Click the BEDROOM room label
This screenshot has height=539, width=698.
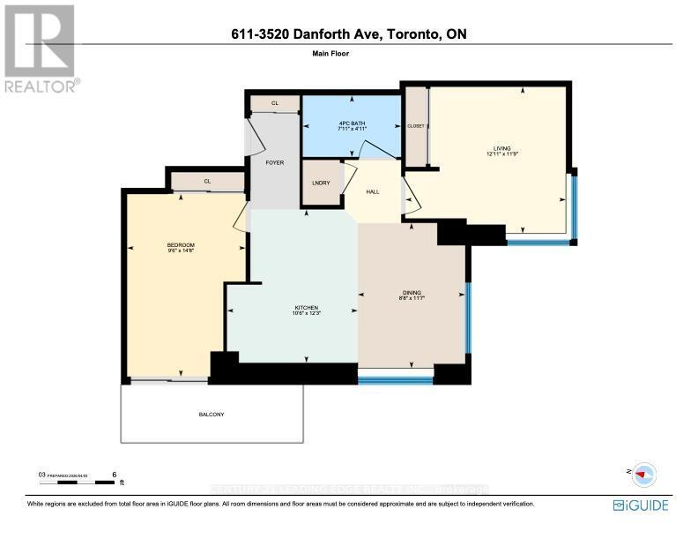pyautogui.click(x=181, y=244)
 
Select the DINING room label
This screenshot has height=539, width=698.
pyautogui.click(x=412, y=293)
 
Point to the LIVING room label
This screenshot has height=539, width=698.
pyautogui.click(x=501, y=148)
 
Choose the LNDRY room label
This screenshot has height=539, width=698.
pyautogui.click(x=321, y=183)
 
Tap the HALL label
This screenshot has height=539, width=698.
pyautogui.click(x=373, y=191)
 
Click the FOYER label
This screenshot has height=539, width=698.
pyautogui.click(x=274, y=163)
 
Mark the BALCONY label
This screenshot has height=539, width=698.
pyautogui.click(x=212, y=415)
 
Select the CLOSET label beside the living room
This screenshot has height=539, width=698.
pyautogui.click(x=415, y=126)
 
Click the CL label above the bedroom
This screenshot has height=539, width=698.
pyautogui.click(x=208, y=182)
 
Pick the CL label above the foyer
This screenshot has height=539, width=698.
pyautogui.click(x=274, y=103)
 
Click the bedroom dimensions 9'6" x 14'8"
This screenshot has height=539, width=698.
pyautogui.click(x=181, y=251)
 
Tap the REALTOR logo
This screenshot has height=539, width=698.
pyautogui.click(x=41, y=49)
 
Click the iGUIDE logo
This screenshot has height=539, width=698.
pyautogui.click(x=640, y=505)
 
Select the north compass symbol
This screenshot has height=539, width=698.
pyautogui.click(x=644, y=474)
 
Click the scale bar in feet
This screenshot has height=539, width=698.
pyautogui.click(x=79, y=483)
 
